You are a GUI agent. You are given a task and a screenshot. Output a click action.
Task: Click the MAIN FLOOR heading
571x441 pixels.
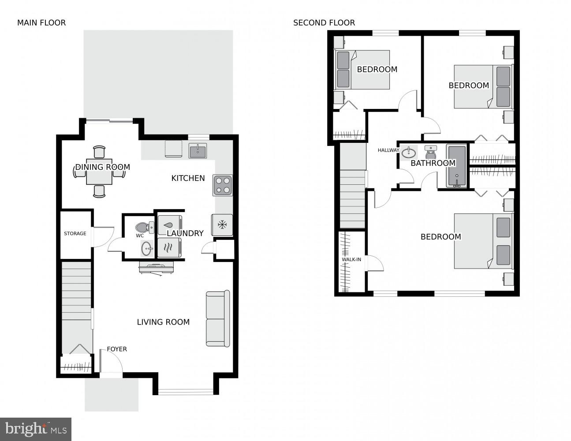pyautogui.click(x=41, y=23)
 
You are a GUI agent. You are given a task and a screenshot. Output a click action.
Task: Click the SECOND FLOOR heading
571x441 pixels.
pyautogui.click(x=324, y=23)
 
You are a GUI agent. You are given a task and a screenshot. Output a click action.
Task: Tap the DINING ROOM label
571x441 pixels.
pyautogui.click(x=102, y=167)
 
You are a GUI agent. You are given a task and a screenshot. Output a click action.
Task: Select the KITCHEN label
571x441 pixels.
pyautogui.click(x=188, y=178)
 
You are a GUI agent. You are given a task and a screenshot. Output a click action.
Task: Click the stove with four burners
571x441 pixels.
pyautogui.click(x=223, y=185)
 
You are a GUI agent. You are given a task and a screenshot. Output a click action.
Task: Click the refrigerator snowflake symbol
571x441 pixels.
pyautogui.click(x=222, y=225)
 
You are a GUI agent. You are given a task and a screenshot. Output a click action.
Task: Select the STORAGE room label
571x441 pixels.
pyautogui.click(x=75, y=233)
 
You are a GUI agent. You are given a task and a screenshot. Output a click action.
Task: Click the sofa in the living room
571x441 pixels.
pyautogui.click(x=218, y=318)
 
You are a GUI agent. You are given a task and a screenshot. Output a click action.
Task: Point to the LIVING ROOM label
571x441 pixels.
pyautogui.click(x=163, y=322)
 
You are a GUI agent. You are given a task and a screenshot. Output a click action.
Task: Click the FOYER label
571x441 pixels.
pyautogui.click(x=117, y=349)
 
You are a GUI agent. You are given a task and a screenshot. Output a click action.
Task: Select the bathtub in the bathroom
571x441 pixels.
pyautogui.click(x=456, y=166)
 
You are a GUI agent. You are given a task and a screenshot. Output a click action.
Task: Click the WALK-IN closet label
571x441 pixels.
pyautogui.click(x=351, y=259)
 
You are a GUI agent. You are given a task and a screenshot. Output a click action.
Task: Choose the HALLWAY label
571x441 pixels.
pyautogui.click(x=388, y=150)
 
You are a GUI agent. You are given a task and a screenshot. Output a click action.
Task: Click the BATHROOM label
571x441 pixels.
pyautogui.click(x=433, y=163)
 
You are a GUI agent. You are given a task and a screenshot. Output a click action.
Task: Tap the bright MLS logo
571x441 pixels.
pyautogui.click(x=36, y=429)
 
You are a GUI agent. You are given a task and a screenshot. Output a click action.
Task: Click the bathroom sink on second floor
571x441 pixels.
pyautogui.click(x=409, y=153)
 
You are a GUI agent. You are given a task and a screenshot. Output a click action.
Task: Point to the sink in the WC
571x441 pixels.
pyautogui.click(x=146, y=249)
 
